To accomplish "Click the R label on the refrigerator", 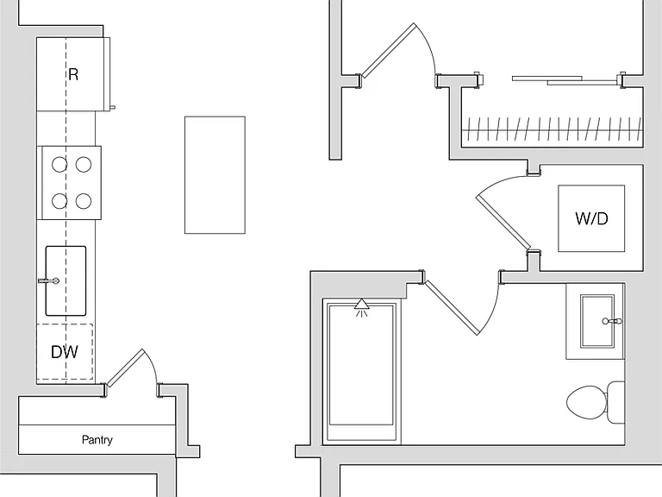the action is [x=73, y=74].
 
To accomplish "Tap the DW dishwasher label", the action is [x=64, y=352].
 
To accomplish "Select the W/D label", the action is [x=591, y=218].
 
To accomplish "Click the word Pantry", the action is [x=97, y=440].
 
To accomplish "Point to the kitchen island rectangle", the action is [x=215, y=175].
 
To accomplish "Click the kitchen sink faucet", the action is [x=48, y=280].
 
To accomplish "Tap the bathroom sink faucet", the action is [x=612, y=321].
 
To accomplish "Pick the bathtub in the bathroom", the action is [x=361, y=370].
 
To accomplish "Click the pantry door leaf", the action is [x=125, y=368].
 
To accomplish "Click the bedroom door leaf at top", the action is [x=389, y=50].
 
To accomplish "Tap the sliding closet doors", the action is [x=565, y=80].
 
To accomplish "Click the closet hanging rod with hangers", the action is [x=552, y=130].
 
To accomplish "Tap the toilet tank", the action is [x=616, y=402].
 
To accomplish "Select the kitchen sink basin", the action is [x=66, y=281].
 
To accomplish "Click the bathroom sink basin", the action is [x=597, y=321].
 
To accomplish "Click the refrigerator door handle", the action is [x=113, y=107].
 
